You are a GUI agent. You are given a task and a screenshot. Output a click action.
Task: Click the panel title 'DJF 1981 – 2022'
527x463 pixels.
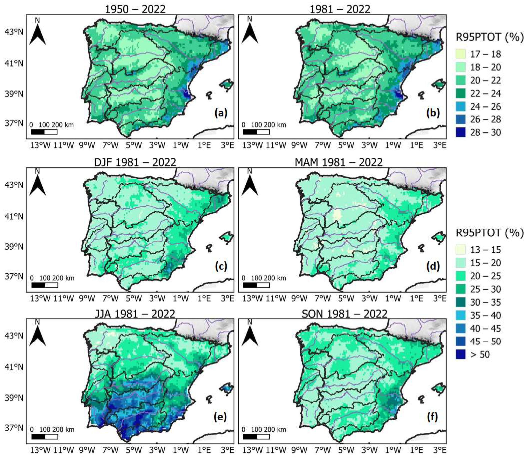coord(135,162)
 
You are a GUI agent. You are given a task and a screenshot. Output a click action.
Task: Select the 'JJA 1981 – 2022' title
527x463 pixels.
coord(135,314)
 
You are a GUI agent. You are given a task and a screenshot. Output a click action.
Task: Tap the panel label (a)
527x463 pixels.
coord(221,113)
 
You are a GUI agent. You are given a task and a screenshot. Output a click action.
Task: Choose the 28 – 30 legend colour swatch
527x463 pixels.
coord(461,132)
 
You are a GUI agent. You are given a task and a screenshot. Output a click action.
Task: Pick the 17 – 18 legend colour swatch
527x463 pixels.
coord(461,54)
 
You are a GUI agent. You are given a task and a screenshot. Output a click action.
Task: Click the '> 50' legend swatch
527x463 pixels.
coord(461,355)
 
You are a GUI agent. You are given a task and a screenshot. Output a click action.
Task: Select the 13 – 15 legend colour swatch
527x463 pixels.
coord(461,249)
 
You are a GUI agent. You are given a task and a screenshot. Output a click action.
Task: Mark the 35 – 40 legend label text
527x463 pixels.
coord(485,315)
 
